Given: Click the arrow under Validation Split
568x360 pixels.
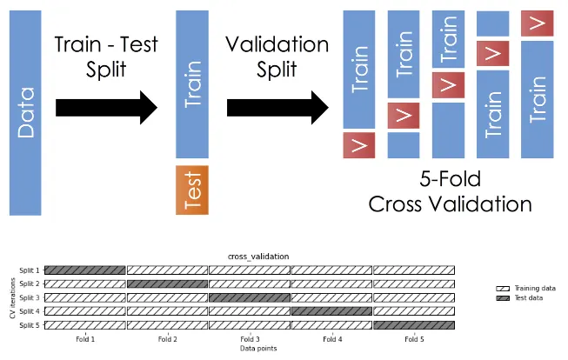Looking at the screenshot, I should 277,108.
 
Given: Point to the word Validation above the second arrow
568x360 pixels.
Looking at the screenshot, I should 277,44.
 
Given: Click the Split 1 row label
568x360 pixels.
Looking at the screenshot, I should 29,270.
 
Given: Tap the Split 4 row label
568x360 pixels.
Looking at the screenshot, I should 29,310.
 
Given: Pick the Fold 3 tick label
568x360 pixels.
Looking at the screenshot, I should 249,338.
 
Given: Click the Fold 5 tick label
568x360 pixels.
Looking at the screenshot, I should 413,338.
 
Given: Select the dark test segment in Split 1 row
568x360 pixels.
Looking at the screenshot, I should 84,270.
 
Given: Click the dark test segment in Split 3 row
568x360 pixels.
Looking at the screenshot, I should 249,297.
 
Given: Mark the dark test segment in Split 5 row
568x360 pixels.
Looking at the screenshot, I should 413,324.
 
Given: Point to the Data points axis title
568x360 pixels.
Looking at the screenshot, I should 249,348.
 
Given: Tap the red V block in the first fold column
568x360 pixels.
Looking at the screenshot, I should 358,145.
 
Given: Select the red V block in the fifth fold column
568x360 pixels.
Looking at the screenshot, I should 537,23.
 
